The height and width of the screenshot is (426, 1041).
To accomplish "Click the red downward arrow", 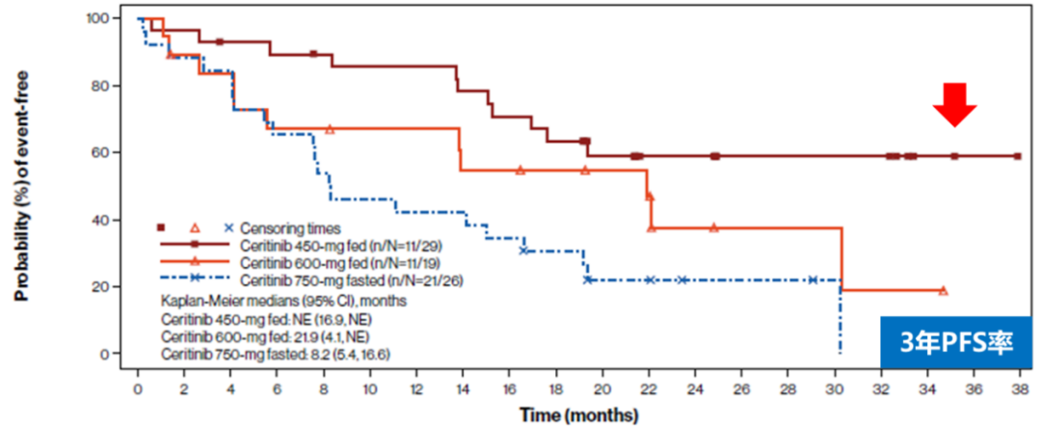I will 953,104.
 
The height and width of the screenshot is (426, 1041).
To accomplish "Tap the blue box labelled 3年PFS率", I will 957,340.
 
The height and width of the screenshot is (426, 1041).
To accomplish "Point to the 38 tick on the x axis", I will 1018,390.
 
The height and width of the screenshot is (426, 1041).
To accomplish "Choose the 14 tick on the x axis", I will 463,390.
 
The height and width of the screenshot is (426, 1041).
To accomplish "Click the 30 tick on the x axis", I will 834,390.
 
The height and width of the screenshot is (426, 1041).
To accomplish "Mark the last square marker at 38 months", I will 1018,156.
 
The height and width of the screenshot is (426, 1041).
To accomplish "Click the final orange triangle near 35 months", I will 943,290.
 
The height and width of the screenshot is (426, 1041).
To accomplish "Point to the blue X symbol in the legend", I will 228,227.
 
